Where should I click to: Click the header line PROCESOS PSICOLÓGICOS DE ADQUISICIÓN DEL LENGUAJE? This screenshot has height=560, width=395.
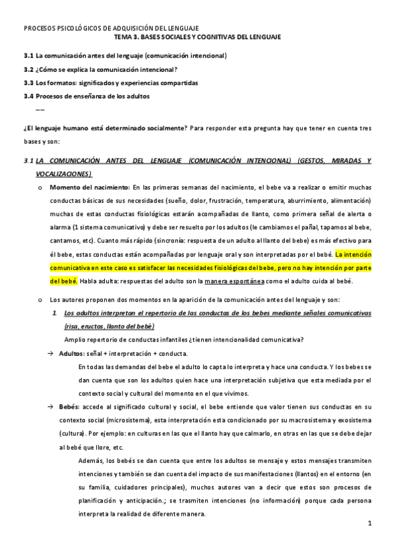tap(111, 28)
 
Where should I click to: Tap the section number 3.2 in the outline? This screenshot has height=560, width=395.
tap(28, 69)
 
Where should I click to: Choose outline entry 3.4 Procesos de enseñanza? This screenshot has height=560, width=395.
tap(92, 96)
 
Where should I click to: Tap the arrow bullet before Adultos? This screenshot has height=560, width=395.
tap(50, 353)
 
